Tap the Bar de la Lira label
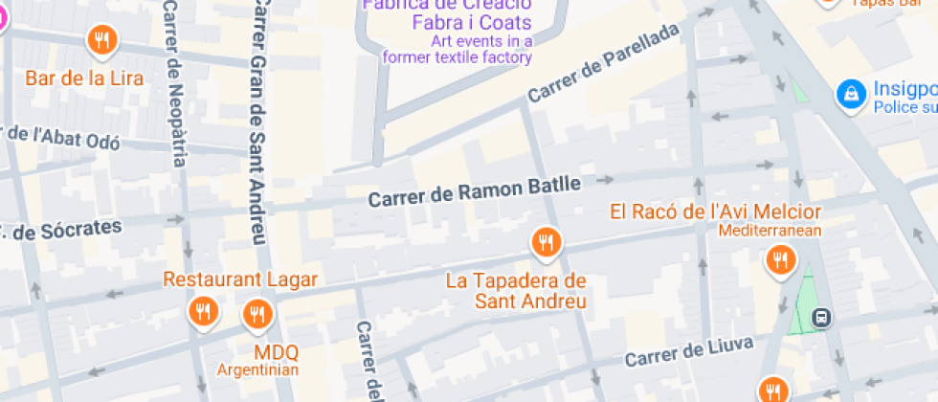[84, 78]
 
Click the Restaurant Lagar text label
[240, 279]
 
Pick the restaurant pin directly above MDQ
[257, 313]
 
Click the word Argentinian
[257, 369]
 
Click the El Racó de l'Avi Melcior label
[715, 212]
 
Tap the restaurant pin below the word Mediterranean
[781, 258]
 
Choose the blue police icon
[848, 94]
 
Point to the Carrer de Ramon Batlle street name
[475, 191]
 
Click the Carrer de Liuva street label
[689, 351]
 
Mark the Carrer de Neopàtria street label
[173, 81]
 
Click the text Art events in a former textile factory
[458, 49]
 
